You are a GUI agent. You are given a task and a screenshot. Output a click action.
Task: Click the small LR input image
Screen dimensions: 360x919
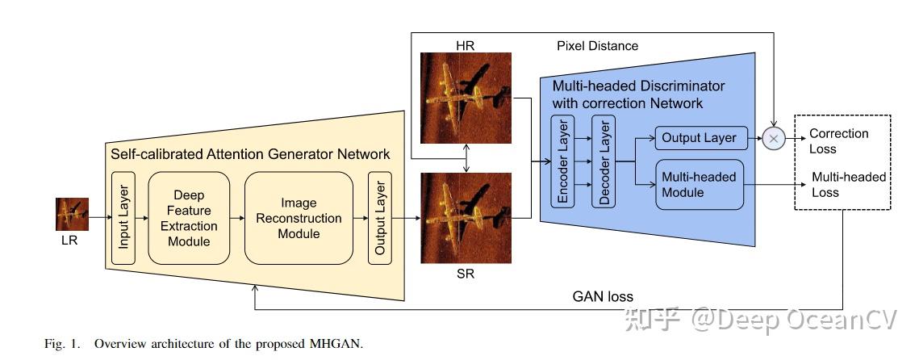click(x=72, y=215)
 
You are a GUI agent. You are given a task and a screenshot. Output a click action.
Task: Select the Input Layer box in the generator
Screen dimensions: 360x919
click(x=124, y=218)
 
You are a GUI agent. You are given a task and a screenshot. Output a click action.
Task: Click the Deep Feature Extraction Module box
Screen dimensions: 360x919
click(x=190, y=218)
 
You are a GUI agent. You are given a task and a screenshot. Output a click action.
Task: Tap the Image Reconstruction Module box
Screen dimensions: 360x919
click(x=299, y=218)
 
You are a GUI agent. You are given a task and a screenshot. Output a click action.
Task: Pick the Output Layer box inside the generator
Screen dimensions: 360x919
click(x=380, y=218)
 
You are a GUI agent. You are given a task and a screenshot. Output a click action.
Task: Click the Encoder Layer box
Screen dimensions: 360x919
click(x=562, y=161)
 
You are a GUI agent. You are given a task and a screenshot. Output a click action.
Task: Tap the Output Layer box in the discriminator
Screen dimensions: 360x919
click(x=700, y=138)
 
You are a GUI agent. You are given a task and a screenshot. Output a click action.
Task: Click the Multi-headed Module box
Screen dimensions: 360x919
click(x=700, y=185)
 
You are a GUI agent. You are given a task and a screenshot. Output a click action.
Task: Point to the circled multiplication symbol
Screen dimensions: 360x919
click(x=774, y=138)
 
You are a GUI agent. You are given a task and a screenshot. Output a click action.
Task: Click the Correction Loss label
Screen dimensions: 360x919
click(x=839, y=141)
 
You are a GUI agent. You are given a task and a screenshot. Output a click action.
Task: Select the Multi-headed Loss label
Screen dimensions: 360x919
click(x=848, y=185)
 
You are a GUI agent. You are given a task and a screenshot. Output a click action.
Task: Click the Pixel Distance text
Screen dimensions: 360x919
click(x=597, y=46)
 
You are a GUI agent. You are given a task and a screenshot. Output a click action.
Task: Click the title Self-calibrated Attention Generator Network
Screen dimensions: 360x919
click(x=249, y=153)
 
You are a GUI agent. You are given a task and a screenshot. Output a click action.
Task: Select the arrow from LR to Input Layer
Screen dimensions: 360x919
click(x=98, y=217)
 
